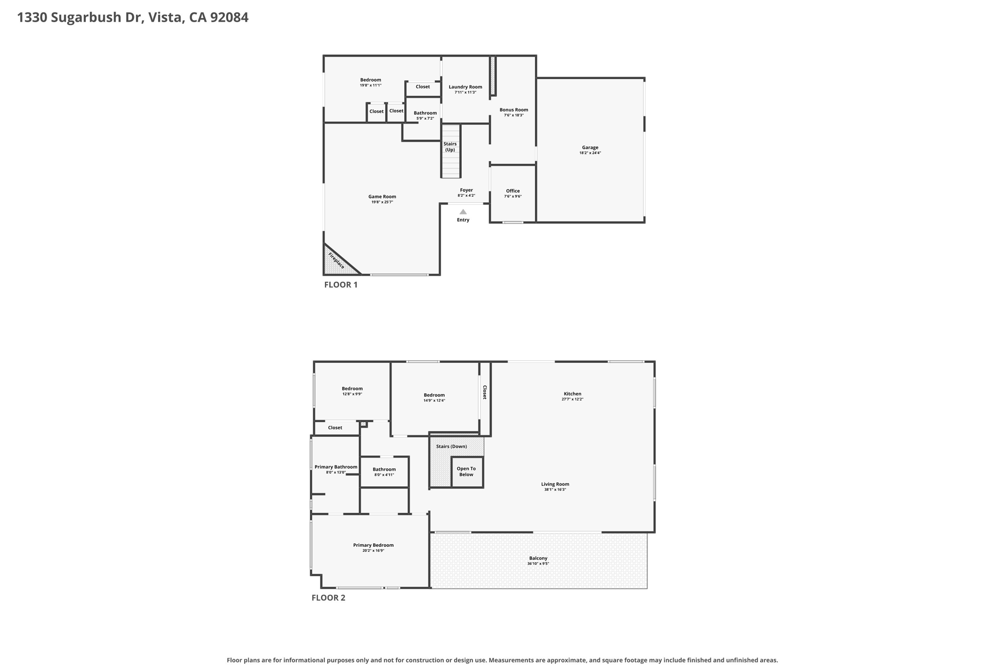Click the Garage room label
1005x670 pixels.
590,147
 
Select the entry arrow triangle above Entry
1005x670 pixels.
463,212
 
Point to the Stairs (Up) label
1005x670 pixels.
450,147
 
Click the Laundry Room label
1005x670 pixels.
465,87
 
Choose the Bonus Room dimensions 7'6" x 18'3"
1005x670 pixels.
514,115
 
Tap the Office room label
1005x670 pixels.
513,191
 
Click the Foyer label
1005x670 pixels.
466,190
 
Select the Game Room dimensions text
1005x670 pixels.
382,202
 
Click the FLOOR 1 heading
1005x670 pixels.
341,285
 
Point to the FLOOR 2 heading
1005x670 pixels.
328,598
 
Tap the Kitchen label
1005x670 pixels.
572,394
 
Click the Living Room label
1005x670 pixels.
555,484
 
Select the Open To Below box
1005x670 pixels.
467,472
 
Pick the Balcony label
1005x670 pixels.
538,558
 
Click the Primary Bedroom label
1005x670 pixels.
373,545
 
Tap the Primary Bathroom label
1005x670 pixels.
336,467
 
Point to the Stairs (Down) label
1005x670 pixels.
451,446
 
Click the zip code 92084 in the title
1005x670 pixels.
229,17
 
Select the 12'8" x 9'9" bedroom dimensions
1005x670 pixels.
352,394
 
